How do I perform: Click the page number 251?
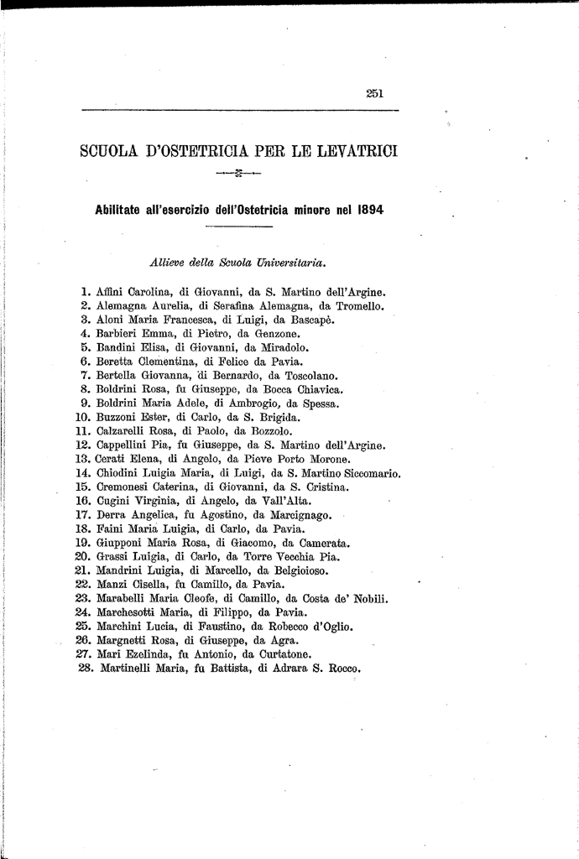[375, 94]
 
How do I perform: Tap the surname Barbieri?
[117, 333]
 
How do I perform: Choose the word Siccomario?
[367, 472]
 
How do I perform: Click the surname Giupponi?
[122, 543]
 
